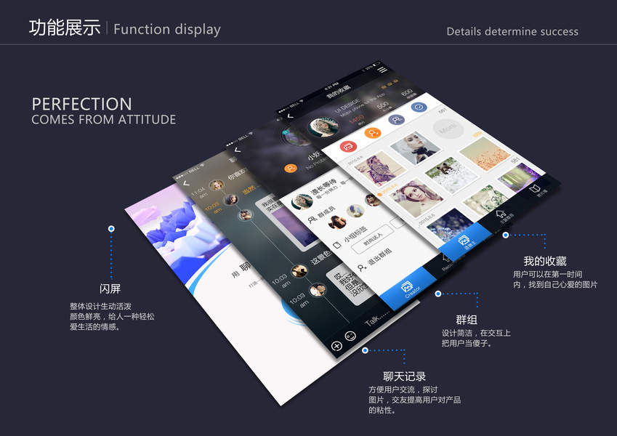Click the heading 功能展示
(65, 28)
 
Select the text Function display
(167, 30)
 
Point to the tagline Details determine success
(512, 32)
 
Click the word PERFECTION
(81, 104)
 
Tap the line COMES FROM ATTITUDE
(103, 119)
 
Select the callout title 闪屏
(110, 288)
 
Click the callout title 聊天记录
(404, 376)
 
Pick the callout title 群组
(467, 320)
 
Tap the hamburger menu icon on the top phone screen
(382, 70)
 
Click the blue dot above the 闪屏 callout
(111, 229)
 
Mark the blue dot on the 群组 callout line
(438, 294)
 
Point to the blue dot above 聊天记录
(365, 350)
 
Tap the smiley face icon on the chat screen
(350, 336)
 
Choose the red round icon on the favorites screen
(348, 147)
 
